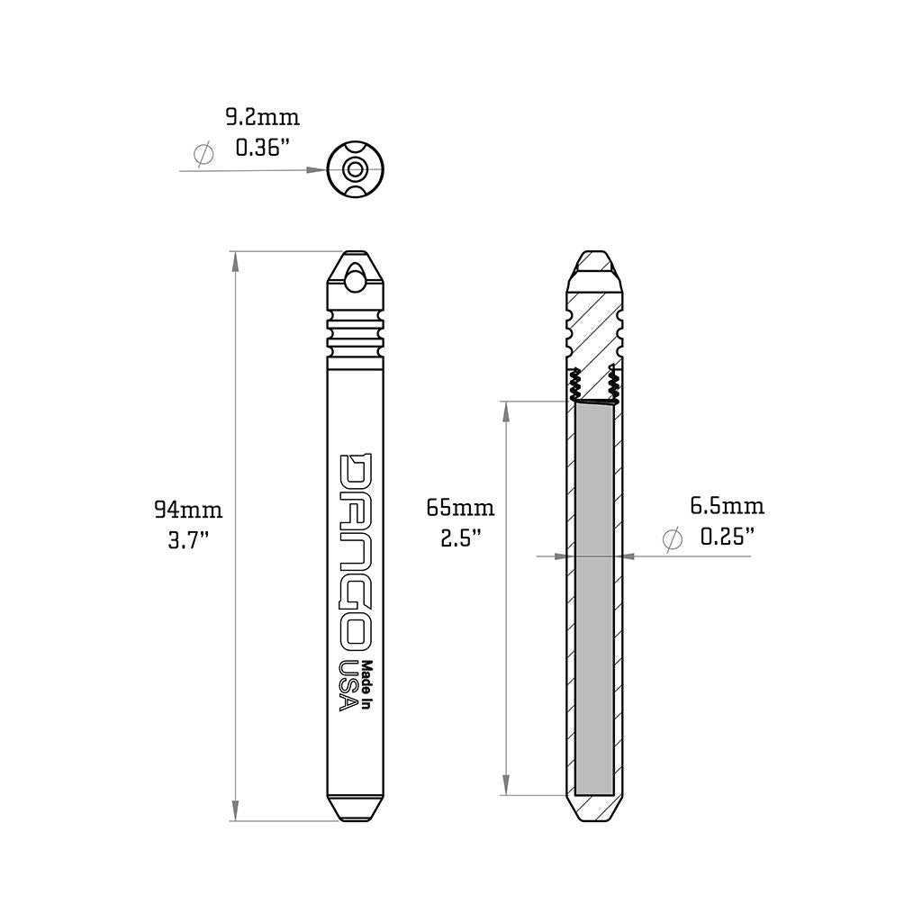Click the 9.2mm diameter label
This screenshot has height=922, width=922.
pyautogui.click(x=261, y=117)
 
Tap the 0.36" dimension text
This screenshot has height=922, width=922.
pyautogui.click(x=261, y=147)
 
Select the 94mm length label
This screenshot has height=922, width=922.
pyautogui.click(x=188, y=511)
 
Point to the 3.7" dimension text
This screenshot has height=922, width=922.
pyautogui.click(x=188, y=540)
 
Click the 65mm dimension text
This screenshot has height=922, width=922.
pyautogui.click(x=460, y=509)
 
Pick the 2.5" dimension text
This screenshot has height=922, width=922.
pyautogui.click(x=460, y=538)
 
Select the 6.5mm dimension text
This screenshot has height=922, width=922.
pyautogui.click(x=727, y=506)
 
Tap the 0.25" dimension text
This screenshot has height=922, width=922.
pyautogui.click(x=727, y=537)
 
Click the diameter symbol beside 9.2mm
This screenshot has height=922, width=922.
pyautogui.click(x=204, y=155)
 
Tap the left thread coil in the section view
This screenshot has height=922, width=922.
pyautogui.click(x=574, y=387)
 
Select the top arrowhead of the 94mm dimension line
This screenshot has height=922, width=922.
pyautogui.click(x=236, y=260)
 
